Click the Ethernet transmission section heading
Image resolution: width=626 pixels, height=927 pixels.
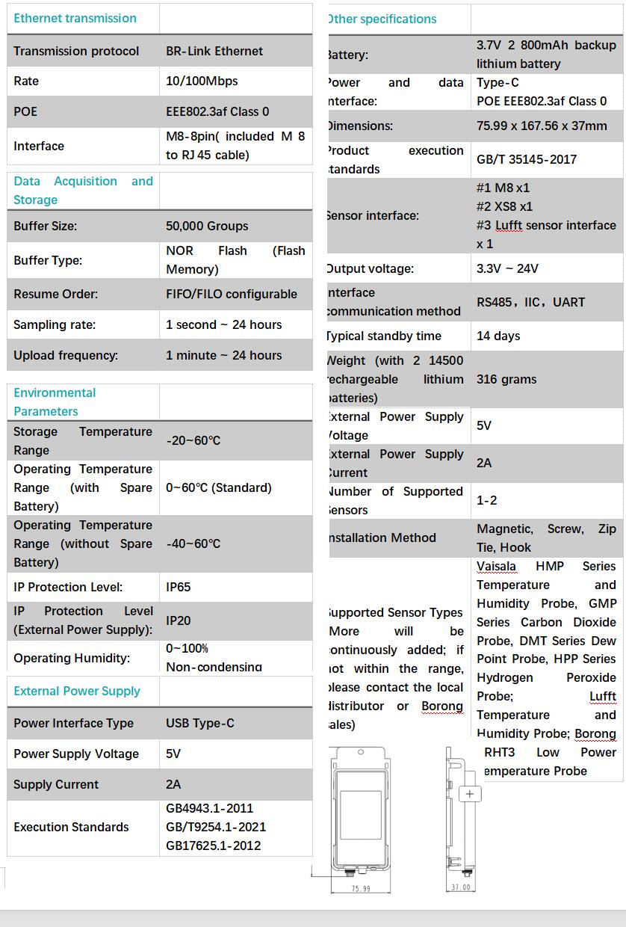75,18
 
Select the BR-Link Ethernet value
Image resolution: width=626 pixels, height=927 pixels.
214,51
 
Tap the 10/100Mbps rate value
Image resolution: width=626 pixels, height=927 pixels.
202,81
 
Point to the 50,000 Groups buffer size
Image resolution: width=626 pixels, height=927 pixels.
207,226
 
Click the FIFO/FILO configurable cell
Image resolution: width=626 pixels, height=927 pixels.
232,294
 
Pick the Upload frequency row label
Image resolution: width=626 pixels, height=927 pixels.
66,355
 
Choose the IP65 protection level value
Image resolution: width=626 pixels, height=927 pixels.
179,587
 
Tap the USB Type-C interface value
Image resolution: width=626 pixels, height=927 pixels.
200,723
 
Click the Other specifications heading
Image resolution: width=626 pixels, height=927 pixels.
382,19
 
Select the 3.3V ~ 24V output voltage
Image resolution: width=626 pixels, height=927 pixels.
507,268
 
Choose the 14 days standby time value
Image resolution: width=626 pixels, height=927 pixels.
498,336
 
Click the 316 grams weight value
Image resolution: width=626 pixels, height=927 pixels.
506,379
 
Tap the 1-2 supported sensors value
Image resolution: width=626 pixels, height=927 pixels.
487,500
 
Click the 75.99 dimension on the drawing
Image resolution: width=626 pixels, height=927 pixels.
361,889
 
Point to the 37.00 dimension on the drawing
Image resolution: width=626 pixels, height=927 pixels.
461,887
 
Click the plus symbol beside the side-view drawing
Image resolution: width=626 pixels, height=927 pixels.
470,794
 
